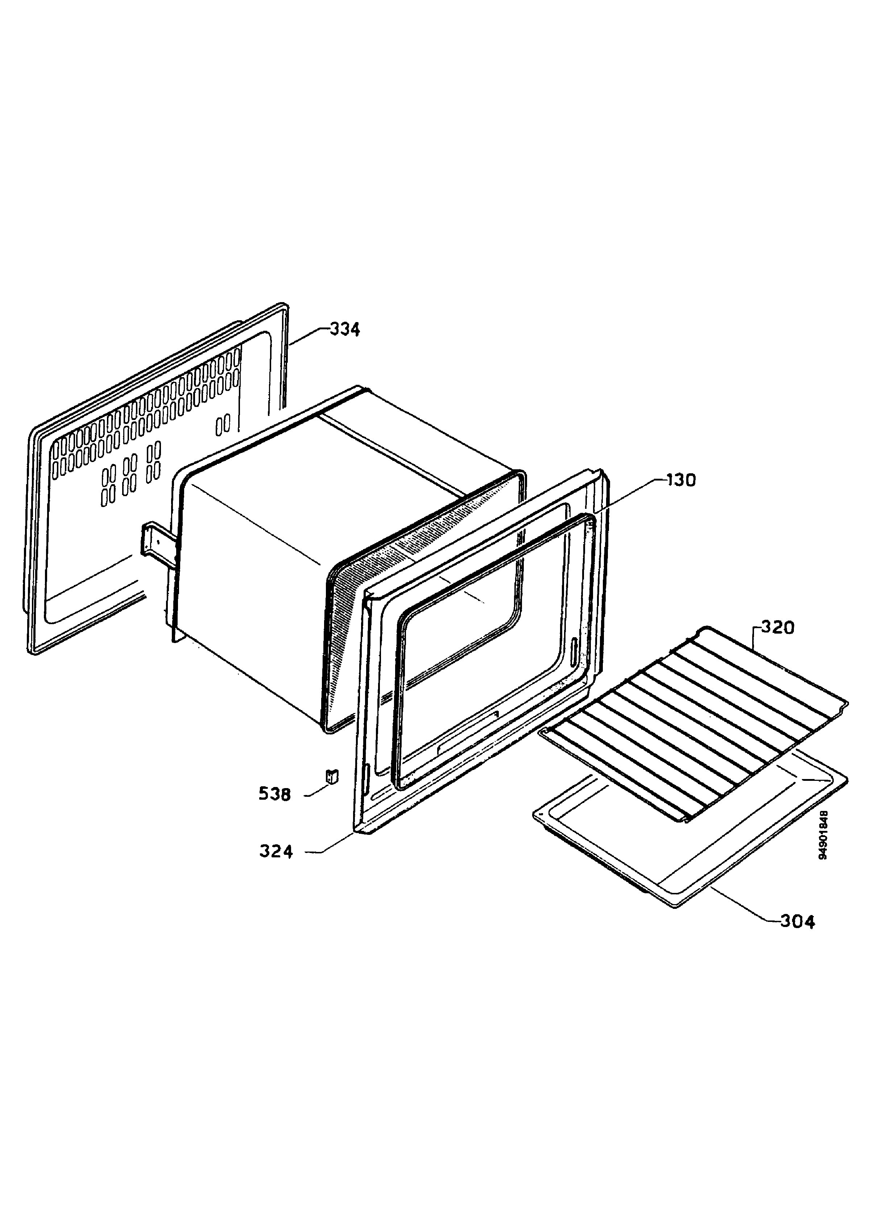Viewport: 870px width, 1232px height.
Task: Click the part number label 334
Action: pos(344,329)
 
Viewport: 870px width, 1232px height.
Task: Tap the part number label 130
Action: pos(681,480)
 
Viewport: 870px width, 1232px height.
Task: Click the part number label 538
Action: pos(275,794)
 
